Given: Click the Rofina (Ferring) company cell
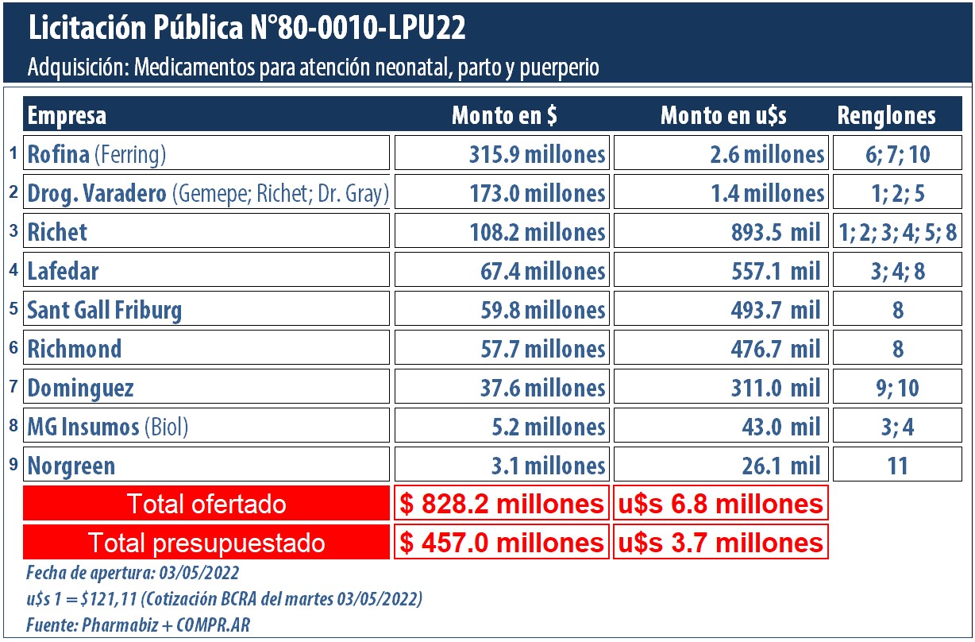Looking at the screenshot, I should click(x=206, y=153).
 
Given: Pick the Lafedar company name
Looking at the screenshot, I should click(x=64, y=271).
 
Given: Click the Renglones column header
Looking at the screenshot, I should click(x=886, y=116).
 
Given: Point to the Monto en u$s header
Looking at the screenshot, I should click(x=723, y=116).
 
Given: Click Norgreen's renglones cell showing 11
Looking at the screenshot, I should click(x=897, y=465).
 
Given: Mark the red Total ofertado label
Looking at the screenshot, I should click(x=206, y=504).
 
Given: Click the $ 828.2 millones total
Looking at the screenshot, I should click(x=502, y=504).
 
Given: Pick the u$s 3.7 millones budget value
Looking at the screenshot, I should click(x=721, y=543).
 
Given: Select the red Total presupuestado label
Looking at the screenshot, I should click(x=206, y=543).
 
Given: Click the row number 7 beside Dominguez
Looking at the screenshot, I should click(x=13, y=385).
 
